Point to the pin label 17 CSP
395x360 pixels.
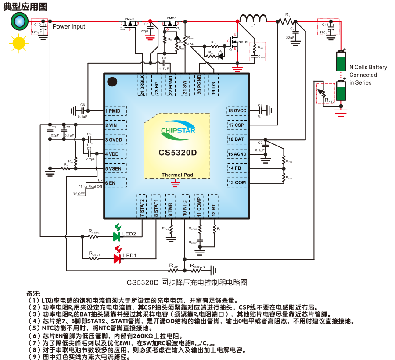(237, 125)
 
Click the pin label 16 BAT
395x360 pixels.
(237, 139)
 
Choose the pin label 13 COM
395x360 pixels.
(237, 182)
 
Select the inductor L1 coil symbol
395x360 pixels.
(253, 18)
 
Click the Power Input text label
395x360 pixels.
(69, 27)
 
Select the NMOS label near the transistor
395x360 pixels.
(243, 42)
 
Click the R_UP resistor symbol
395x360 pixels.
(174, 270)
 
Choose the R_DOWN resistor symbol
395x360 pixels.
(197, 270)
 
